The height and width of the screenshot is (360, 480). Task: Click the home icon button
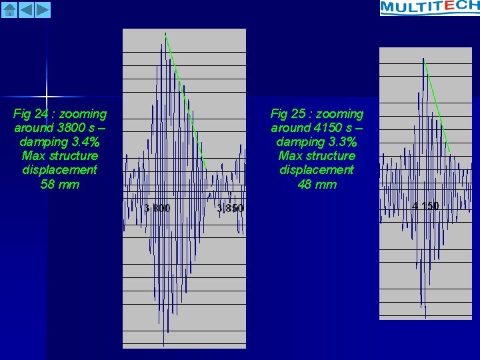[x=9, y=9]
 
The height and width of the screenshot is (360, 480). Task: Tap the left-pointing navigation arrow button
[x=26, y=9]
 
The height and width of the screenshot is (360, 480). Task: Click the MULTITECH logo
[x=429, y=7]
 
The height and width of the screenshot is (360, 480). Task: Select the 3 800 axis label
[x=157, y=208]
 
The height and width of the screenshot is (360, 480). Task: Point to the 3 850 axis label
[x=231, y=208]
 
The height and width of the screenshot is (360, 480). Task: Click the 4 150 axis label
[x=425, y=206]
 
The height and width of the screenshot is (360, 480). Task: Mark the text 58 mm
[x=60, y=184]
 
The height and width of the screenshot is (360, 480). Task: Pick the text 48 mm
[x=317, y=184]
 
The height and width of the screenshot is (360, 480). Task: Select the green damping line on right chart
[x=437, y=107]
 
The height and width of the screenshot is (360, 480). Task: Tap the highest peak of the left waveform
[x=165, y=35]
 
